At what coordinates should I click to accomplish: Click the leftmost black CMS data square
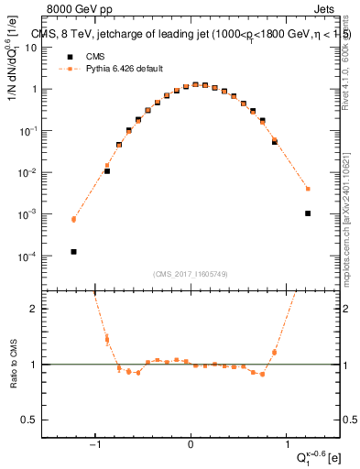(x=73, y=251)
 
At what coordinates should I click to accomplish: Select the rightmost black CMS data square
(x=308, y=213)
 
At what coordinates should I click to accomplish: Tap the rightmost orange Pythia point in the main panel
(x=308, y=189)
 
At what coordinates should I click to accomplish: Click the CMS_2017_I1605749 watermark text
(x=191, y=274)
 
